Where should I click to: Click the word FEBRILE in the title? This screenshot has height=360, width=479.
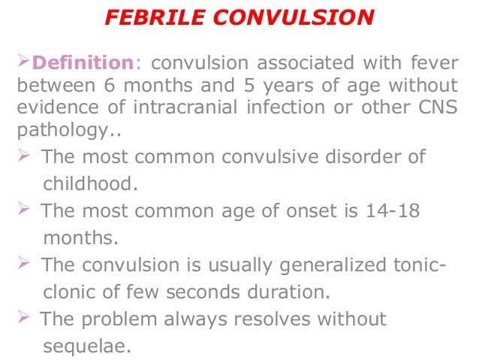[x=152, y=17]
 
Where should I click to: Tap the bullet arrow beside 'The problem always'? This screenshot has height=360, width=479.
[x=25, y=319]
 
